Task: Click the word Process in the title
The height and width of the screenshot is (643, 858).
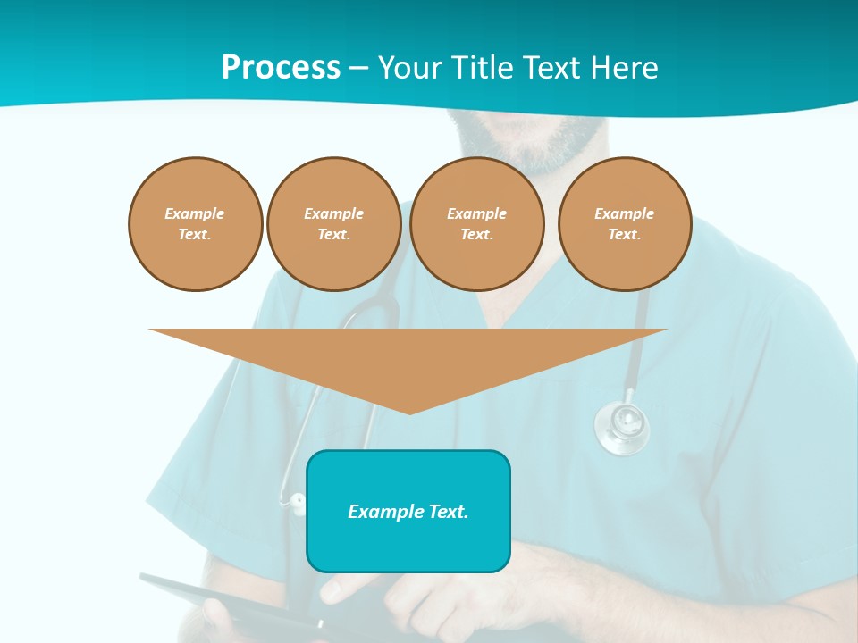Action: pos(281,68)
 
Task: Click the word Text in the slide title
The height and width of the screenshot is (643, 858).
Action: pos(555,68)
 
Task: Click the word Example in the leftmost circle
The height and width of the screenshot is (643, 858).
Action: pos(195,213)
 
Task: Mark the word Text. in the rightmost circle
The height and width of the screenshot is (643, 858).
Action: pos(625,234)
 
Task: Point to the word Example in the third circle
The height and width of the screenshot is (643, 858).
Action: pos(476,213)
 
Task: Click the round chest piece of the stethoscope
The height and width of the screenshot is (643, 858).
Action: pos(622,427)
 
